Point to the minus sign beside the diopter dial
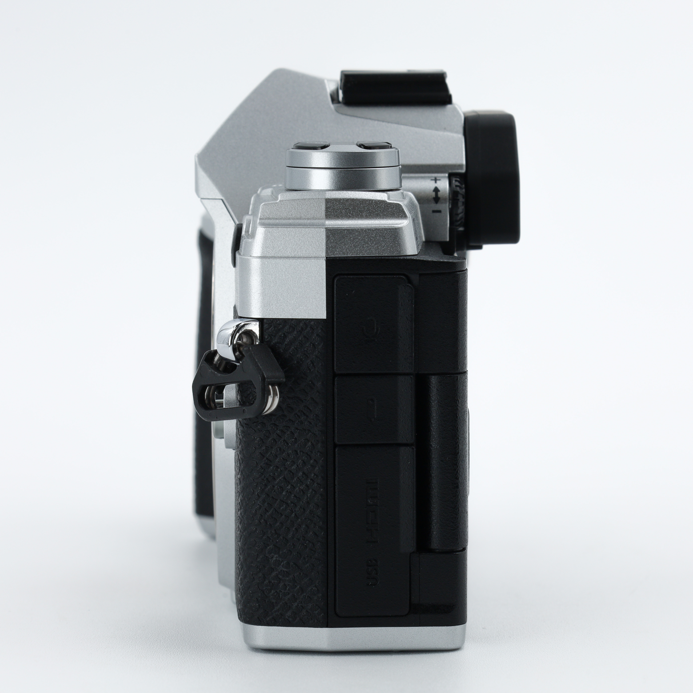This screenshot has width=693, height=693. click(x=436, y=211)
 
